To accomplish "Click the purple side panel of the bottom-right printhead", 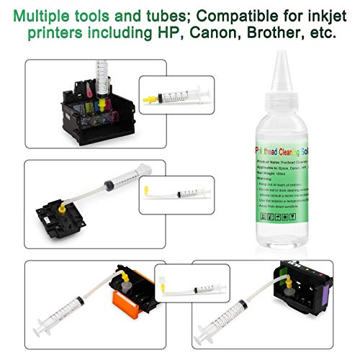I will (330, 292).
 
